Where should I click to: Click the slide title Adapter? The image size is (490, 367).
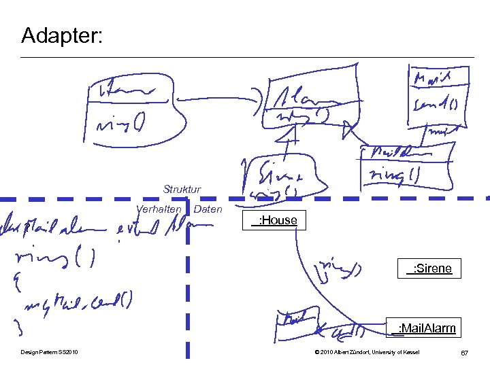62,35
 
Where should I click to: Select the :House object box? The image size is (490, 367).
273,220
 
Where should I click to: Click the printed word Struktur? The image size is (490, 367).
182,189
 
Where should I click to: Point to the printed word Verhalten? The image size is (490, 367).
159,209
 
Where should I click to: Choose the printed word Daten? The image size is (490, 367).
208,209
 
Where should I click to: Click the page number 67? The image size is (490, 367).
464,353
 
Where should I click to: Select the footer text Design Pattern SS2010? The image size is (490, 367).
49,352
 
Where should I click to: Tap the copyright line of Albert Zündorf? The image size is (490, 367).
367,352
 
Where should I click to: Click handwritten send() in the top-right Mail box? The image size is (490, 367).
436,105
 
